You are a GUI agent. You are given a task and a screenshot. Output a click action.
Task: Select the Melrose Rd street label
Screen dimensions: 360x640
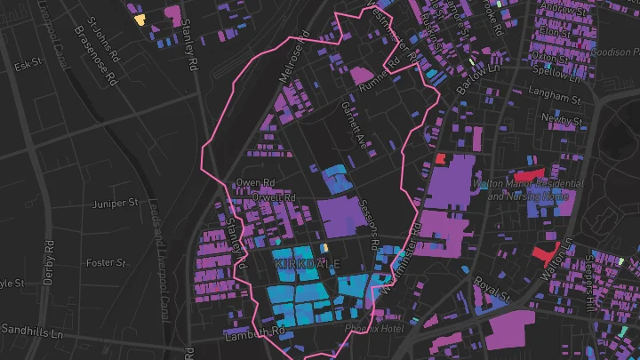294,59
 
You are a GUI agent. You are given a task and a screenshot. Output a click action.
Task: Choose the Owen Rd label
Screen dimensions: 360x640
252,183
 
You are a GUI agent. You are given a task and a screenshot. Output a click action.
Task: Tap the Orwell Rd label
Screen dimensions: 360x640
273,196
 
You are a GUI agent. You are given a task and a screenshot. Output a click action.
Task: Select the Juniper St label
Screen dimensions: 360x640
116,204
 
